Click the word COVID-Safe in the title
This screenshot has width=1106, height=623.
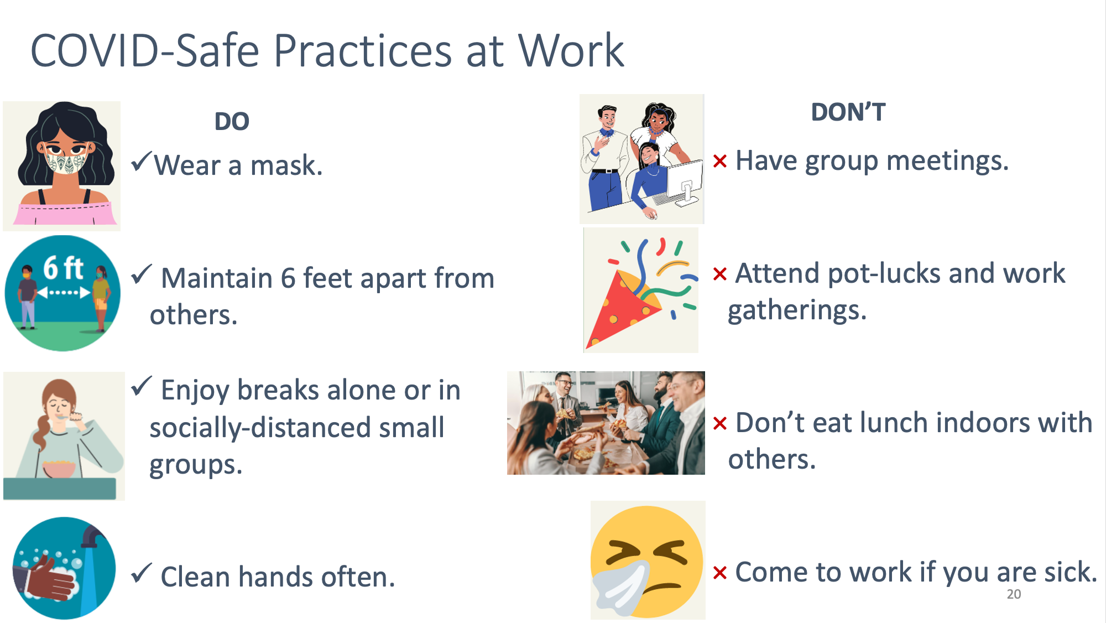pos(145,51)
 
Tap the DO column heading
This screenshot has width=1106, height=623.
pos(232,121)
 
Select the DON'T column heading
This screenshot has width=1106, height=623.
pos(848,112)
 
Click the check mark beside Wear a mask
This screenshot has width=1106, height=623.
pos(141,162)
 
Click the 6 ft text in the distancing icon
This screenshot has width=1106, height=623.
pos(63,268)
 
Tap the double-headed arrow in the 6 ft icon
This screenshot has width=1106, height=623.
pos(63,292)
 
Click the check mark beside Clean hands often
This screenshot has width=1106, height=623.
pos(142,573)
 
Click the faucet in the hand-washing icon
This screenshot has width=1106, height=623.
pos(93,537)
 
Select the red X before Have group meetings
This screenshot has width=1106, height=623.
pos(719,161)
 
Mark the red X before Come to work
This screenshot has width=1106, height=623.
pos(719,573)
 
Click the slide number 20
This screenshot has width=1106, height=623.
pos(1014,594)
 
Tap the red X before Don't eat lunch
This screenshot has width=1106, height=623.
pos(719,423)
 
